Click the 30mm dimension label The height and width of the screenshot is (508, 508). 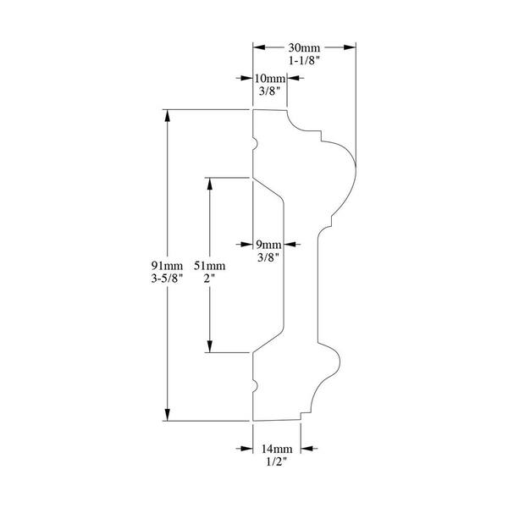coord(304,48)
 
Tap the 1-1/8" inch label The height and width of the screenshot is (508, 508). coord(304,61)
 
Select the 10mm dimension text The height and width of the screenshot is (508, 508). coord(269,79)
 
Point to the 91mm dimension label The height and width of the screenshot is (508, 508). coord(167,266)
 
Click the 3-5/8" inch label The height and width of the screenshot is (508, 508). coord(167,279)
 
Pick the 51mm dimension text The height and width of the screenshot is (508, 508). coord(210,266)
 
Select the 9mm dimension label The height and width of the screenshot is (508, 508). coord(268,245)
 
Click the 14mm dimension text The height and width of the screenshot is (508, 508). coord(277,449)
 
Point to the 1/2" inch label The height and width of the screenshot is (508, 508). coord(277,461)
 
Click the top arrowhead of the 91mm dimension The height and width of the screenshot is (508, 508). coord(167,116)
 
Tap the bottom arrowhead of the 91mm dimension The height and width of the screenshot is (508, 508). coord(167,415)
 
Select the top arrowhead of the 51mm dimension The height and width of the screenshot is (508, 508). coord(210,184)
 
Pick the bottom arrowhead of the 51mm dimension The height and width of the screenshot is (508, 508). coord(210,346)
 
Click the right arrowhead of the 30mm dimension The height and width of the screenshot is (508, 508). coord(350,47)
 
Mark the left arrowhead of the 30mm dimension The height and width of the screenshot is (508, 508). coord(259,47)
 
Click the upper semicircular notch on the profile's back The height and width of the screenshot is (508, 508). coord(255,144)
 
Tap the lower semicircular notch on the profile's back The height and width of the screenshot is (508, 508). coord(255,386)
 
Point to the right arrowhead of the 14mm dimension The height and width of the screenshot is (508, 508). coord(306,449)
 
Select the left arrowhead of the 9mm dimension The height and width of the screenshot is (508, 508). coord(247,245)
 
